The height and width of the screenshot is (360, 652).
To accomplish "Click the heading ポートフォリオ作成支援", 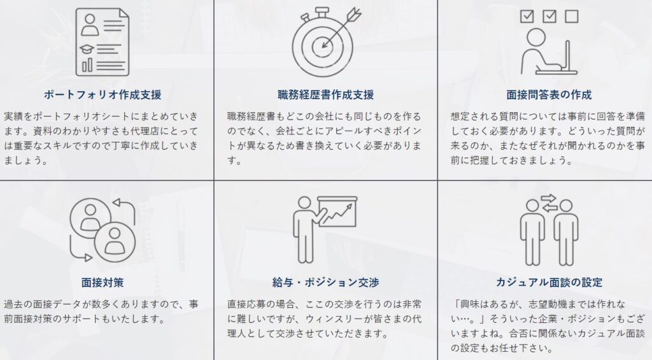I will pyautogui.click(x=102, y=95).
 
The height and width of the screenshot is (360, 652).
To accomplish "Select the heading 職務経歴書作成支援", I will pyautogui.click(x=325, y=95).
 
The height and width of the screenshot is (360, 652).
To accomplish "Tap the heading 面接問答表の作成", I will pyautogui.click(x=549, y=95).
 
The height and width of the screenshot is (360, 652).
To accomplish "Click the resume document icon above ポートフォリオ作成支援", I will pyautogui.click(x=101, y=42).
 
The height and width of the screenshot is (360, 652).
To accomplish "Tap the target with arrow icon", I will pyautogui.click(x=325, y=42).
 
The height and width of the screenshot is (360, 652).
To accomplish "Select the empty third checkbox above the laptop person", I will pyautogui.click(x=571, y=17).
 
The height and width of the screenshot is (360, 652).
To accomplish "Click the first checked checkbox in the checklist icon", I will pyautogui.click(x=527, y=17).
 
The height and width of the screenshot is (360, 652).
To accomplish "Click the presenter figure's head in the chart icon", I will pyautogui.click(x=304, y=201).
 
